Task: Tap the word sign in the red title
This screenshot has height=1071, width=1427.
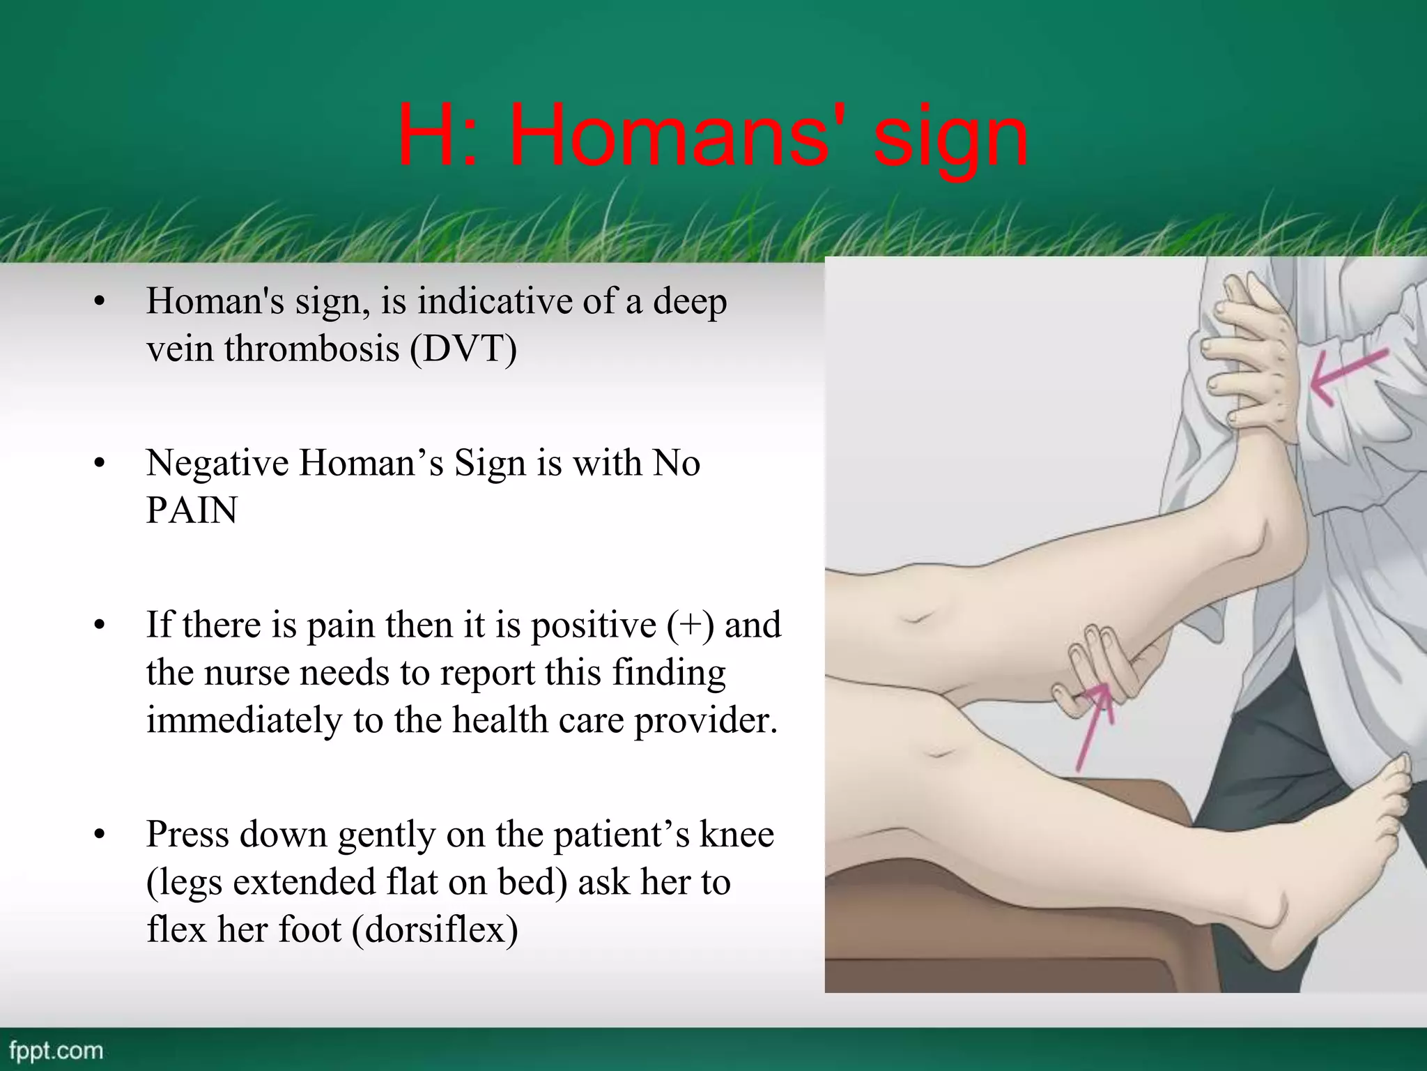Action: click(950, 139)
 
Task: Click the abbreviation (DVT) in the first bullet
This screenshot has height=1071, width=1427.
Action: click(463, 349)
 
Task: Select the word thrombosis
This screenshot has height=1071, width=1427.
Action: click(313, 348)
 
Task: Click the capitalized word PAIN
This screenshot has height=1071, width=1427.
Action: click(192, 510)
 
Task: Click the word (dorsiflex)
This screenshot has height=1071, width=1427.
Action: click(435, 929)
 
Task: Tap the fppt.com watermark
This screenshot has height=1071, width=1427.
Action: click(56, 1050)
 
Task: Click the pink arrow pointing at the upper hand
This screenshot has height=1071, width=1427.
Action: click(1348, 377)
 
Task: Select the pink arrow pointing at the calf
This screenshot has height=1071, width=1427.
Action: click(1094, 725)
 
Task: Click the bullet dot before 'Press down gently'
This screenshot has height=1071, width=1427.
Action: click(100, 835)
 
